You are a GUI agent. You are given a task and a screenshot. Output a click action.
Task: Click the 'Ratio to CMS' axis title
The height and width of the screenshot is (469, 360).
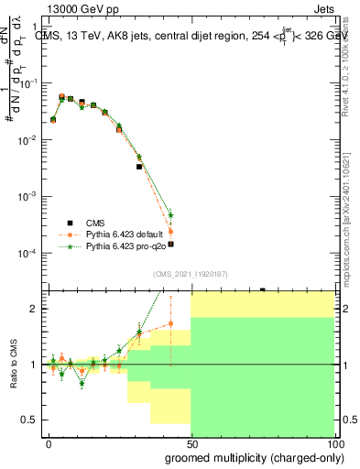click(16, 365)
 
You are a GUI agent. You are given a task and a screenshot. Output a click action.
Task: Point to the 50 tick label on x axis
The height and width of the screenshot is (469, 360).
click(191, 442)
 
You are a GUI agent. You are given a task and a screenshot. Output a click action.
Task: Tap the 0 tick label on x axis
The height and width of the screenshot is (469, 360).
click(49, 442)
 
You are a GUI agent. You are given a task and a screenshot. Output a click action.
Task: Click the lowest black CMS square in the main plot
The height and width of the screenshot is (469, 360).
click(170, 244)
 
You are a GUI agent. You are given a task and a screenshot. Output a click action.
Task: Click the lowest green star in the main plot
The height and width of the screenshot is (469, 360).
click(170, 215)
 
